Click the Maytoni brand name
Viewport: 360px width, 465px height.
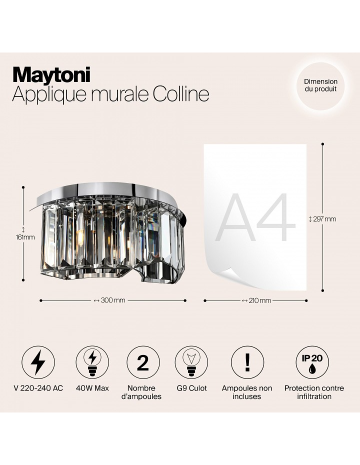tap(51, 75)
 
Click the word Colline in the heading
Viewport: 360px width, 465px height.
tap(181, 94)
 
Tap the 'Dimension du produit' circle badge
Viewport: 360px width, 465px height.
tap(320, 85)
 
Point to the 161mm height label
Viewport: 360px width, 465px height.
tap(25, 237)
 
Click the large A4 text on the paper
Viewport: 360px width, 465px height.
tap(255, 217)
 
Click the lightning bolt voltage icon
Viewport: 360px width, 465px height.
tap(38, 362)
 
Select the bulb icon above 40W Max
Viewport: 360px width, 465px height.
tap(92, 362)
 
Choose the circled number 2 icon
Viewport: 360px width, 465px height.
tap(143, 362)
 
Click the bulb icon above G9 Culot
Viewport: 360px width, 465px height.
tap(191, 362)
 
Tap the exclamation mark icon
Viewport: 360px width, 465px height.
tap(247, 362)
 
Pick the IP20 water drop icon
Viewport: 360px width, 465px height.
tap(312, 362)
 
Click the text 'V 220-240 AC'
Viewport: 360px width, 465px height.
tap(38, 388)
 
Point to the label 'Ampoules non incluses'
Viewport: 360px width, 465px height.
tap(246, 392)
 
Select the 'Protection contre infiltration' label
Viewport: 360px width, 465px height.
tap(314, 392)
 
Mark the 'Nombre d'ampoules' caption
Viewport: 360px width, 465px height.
tap(141, 392)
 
